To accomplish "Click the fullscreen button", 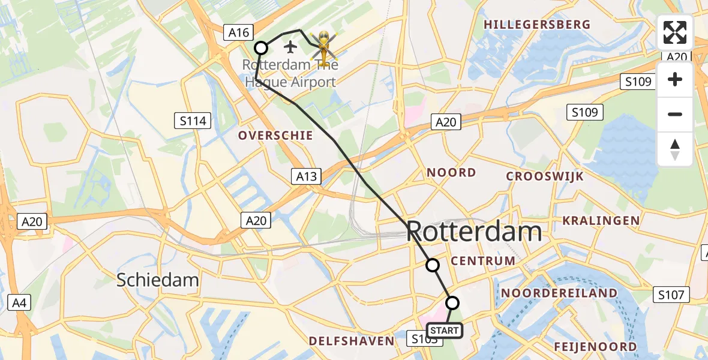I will pyautogui.click(x=675, y=32).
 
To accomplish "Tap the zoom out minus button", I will pyautogui.click(x=675, y=114).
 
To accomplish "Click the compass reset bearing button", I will pyautogui.click(x=675, y=149).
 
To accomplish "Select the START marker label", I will pyautogui.click(x=445, y=331).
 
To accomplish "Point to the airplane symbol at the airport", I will pyautogui.click(x=291, y=46).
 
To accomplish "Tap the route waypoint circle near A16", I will pyautogui.click(x=261, y=48).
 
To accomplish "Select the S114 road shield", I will pyautogui.click(x=193, y=121).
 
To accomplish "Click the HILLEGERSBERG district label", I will pyautogui.click(x=537, y=25).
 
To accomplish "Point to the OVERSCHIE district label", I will pyautogui.click(x=275, y=136).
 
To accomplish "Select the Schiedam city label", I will pyautogui.click(x=158, y=280).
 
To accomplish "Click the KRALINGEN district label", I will pyautogui.click(x=601, y=221).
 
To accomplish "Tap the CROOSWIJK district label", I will pyautogui.click(x=545, y=176).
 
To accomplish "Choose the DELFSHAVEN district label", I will pyautogui.click(x=352, y=341).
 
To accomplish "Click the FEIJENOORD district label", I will pyautogui.click(x=595, y=347).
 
